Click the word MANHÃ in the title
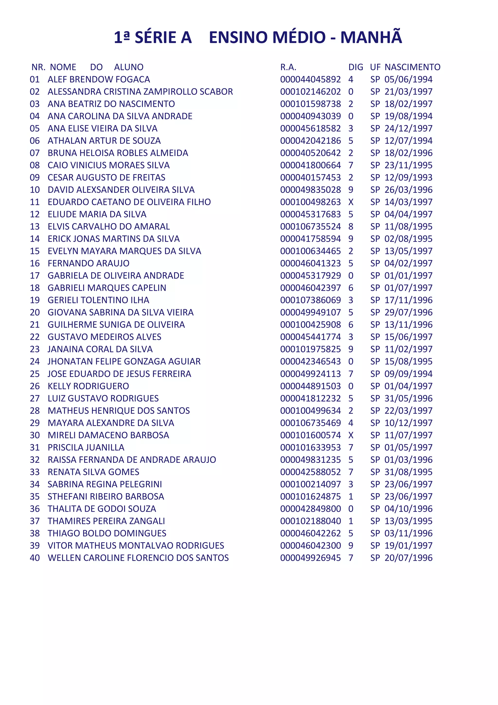coord(371,37)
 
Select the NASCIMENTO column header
coord(412,67)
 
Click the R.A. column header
coord(288,67)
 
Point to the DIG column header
coord(356,67)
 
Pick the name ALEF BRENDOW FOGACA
coord(99,79)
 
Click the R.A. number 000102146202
coord(310,92)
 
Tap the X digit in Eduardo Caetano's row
coord(351,202)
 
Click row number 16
coord(35,263)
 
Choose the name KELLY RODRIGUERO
coord(88,386)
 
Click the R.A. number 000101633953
coord(310,447)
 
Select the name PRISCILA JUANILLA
coord(86,447)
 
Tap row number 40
coord(35,558)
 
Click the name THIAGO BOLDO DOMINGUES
coord(107,533)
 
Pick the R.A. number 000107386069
coord(310,300)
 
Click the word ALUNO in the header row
coord(129,67)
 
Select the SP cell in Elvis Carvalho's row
coord(375,227)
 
